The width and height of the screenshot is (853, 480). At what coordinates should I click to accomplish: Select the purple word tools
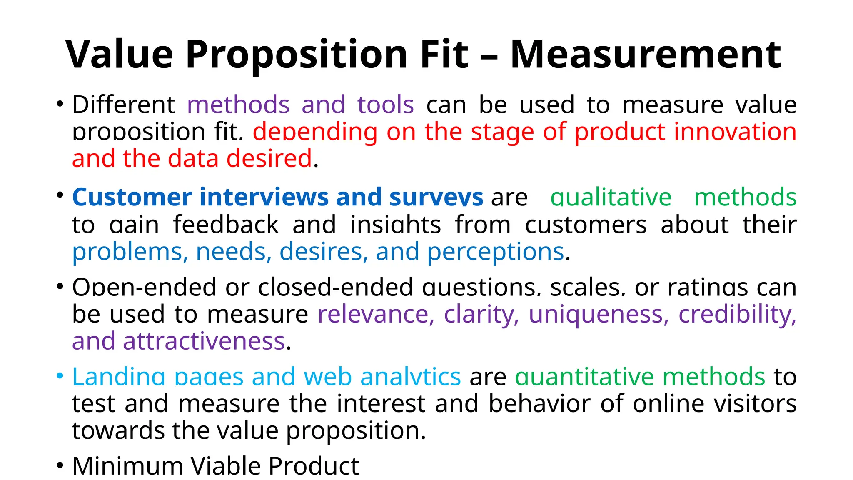point(386,105)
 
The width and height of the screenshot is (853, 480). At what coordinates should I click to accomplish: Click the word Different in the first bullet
point(123,105)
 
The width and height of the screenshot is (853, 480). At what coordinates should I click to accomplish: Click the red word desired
point(269,159)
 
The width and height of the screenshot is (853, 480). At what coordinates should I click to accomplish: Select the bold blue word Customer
point(132,197)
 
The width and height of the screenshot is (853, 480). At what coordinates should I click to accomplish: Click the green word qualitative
point(611,197)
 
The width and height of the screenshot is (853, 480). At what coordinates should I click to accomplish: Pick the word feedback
point(226,225)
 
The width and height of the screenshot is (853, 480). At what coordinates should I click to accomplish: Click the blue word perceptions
point(496,252)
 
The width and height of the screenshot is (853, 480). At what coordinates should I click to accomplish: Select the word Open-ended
point(144,287)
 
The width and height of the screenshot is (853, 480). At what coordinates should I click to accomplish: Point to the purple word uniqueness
point(599,314)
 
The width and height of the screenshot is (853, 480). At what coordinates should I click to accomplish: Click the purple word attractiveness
point(204,341)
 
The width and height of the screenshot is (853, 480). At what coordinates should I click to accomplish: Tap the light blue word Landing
point(119,377)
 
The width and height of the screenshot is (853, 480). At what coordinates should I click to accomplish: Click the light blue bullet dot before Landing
point(60,376)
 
